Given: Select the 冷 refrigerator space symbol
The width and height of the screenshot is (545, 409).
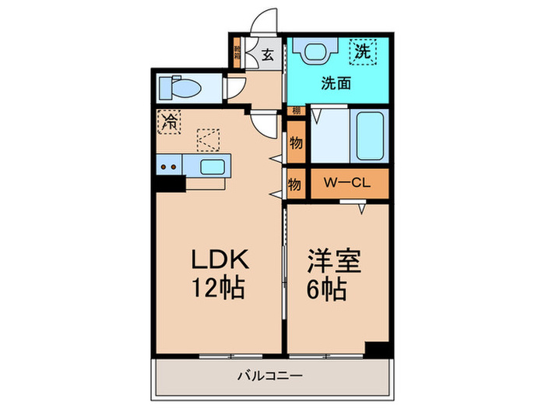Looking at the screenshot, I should click(168, 121).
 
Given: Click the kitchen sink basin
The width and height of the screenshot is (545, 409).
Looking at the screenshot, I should click(211, 165).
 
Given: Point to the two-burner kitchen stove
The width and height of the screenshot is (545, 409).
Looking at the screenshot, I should click(168, 165).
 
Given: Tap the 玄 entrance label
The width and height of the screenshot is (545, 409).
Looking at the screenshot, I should click(267, 55).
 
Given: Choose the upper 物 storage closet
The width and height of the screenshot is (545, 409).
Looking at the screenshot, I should click(295, 144).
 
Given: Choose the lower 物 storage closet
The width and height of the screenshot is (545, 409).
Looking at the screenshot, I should click(295, 185).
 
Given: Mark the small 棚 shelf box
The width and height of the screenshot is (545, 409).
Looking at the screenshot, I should click(295, 111).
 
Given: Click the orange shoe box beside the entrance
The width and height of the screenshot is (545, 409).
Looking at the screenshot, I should click(237, 55).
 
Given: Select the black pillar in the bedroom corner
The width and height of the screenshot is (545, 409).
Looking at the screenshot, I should click(377, 349).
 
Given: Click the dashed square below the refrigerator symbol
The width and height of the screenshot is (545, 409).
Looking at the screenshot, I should click(209, 139).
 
